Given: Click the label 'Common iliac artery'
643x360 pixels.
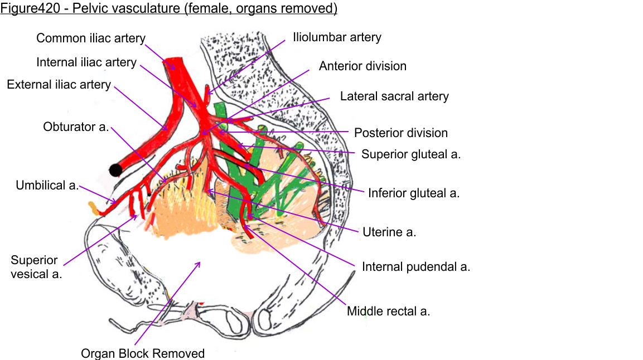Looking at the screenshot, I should click(x=91, y=38).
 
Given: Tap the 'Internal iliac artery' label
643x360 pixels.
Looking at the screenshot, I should click(x=86, y=62).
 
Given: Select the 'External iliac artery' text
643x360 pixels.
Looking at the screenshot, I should click(x=59, y=85).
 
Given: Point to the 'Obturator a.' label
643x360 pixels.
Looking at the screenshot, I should click(x=76, y=127).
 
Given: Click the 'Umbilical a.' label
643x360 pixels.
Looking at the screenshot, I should click(x=47, y=186).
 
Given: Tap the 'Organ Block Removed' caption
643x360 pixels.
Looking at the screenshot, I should click(x=143, y=353).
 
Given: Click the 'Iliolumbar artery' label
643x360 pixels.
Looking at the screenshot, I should click(x=337, y=37).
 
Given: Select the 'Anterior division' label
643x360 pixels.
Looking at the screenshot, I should click(x=362, y=66).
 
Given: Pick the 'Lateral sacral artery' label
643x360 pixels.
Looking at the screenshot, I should click(x=394, y=96).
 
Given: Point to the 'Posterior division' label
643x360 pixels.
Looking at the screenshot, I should click(x=401, y=133).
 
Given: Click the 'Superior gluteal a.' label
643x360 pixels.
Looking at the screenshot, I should click(x=411, y=154).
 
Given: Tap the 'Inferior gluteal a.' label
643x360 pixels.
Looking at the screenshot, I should click(x=414, y=193).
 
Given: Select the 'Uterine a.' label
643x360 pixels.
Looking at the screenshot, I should click(x=389, y=232).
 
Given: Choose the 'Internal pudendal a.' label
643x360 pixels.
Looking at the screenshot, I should click(x=416, y=267).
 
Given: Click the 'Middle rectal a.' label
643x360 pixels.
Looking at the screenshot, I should click(x=388, y=311).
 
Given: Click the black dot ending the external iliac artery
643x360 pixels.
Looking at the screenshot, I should click(x=116, y=170).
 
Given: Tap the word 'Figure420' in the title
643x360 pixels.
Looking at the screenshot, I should click(x=27, y=9).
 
